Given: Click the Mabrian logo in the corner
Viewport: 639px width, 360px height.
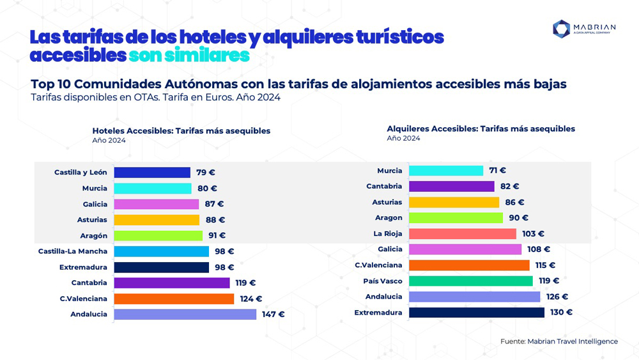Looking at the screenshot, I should pos(584,29).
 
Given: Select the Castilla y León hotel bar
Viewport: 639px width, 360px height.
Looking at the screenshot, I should pos(152,172).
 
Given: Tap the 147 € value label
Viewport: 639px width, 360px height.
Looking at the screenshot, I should pos(273,314).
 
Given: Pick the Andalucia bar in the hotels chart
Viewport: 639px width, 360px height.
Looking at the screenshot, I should pos(185,314).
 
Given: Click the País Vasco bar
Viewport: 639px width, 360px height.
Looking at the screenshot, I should pos(470,281).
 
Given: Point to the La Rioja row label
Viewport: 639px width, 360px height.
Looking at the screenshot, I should pos(388,234).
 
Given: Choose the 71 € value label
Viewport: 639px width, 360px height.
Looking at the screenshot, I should pos(497,171).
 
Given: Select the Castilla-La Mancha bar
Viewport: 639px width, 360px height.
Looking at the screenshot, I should pos(161,251).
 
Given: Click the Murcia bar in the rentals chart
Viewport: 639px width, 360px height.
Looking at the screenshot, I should pos(446,171).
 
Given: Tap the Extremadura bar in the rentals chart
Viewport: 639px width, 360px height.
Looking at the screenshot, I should pos(477,313).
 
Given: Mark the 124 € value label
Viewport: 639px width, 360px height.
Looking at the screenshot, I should pos(250,299).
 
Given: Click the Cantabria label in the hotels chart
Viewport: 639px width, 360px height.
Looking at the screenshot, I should pos(89,283).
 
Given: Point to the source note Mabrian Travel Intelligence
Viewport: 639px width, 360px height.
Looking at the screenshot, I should pos(558,341).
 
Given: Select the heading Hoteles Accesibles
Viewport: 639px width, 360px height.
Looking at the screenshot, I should pos(181,130).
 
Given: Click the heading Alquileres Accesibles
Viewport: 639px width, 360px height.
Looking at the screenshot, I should pos(481,129).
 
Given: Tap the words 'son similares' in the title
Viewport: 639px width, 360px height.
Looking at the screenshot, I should pos(189,56).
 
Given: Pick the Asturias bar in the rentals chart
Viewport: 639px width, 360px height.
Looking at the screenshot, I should pos(454,202).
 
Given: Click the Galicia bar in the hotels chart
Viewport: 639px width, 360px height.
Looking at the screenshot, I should pos(157,204).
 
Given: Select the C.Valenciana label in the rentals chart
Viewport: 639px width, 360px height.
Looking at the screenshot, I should pos(379,265).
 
